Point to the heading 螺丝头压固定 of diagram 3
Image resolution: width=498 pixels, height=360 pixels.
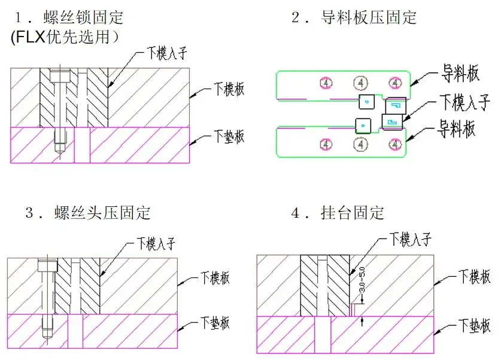point(101,212)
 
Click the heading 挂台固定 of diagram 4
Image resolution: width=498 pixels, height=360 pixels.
point(353,212)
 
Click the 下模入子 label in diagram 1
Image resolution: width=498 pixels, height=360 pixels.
point(168,53)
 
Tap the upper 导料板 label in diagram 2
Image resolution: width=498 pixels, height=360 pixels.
point(460,74)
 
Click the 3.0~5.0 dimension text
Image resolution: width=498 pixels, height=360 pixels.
point(361,280)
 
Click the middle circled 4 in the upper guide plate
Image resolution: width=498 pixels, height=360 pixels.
point(360,82)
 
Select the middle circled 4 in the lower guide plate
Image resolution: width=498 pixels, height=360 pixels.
point(360,144)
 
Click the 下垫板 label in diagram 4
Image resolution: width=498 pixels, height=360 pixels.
point(475,326)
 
